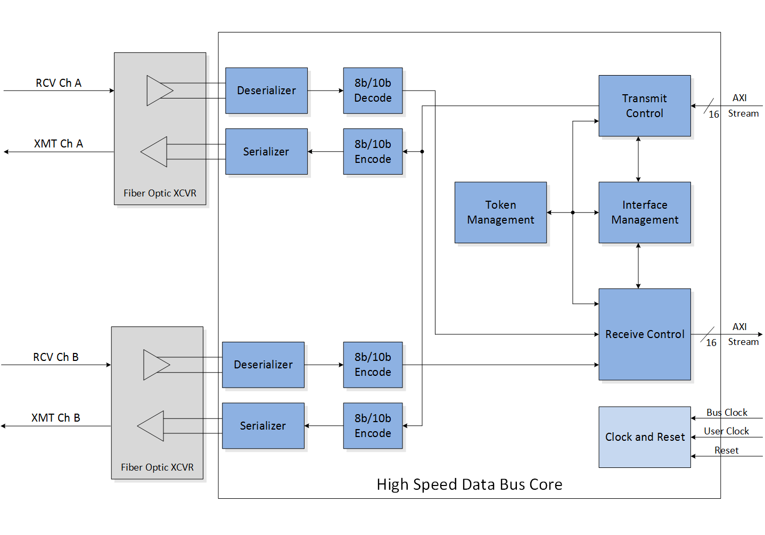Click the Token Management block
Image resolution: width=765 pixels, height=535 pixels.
(x=500, y=212)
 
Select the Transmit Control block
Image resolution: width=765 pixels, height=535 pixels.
(x=644, y=105)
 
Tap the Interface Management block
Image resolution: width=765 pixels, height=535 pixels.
(x=644, y=212)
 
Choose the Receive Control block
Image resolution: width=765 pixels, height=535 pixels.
(x=644, y=334)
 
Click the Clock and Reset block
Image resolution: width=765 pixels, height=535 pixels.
(x=644, y=437)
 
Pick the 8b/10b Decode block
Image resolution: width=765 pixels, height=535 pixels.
(x=373, y=90)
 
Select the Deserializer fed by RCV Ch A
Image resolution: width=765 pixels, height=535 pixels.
(x=266, y=90)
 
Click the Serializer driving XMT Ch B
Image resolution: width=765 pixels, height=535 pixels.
(x=263, y=426)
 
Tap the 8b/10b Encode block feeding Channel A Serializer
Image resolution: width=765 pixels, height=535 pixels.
(x=373, y=152)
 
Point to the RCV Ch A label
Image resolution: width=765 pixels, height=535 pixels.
(x=59, y=83)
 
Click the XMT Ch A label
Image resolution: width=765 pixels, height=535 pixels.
(x=59, y=144)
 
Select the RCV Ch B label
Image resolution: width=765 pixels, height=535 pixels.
(x=56, y=357)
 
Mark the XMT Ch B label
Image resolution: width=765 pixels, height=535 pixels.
(x=56, y=418)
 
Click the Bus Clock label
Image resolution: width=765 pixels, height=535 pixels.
(x=727, y=413)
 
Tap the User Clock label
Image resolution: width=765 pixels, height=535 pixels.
(x=726, y=431)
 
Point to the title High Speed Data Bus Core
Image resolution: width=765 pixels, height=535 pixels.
(x=469, y=484)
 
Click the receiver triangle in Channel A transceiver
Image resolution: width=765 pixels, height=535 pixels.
(x=159, y=90)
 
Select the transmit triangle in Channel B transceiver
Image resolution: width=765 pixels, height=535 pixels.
(x=152, y=426)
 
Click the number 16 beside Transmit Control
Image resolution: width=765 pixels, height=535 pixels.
(x=714, y=114)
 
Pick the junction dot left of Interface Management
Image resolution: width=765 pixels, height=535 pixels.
(x=573, y=212)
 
